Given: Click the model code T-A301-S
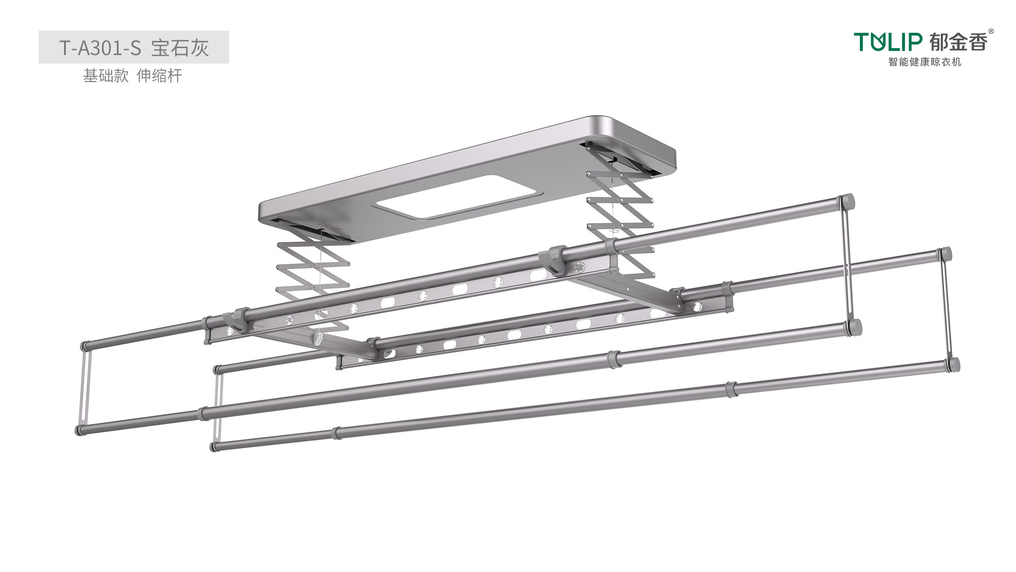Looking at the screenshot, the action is pos(100,48).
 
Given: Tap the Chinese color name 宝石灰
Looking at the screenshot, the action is pos(180,48).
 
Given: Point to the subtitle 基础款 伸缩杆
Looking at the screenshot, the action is pos(132,76).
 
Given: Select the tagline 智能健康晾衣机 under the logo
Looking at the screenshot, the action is pos(924,62).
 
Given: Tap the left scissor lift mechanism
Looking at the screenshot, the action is pos(312,281).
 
